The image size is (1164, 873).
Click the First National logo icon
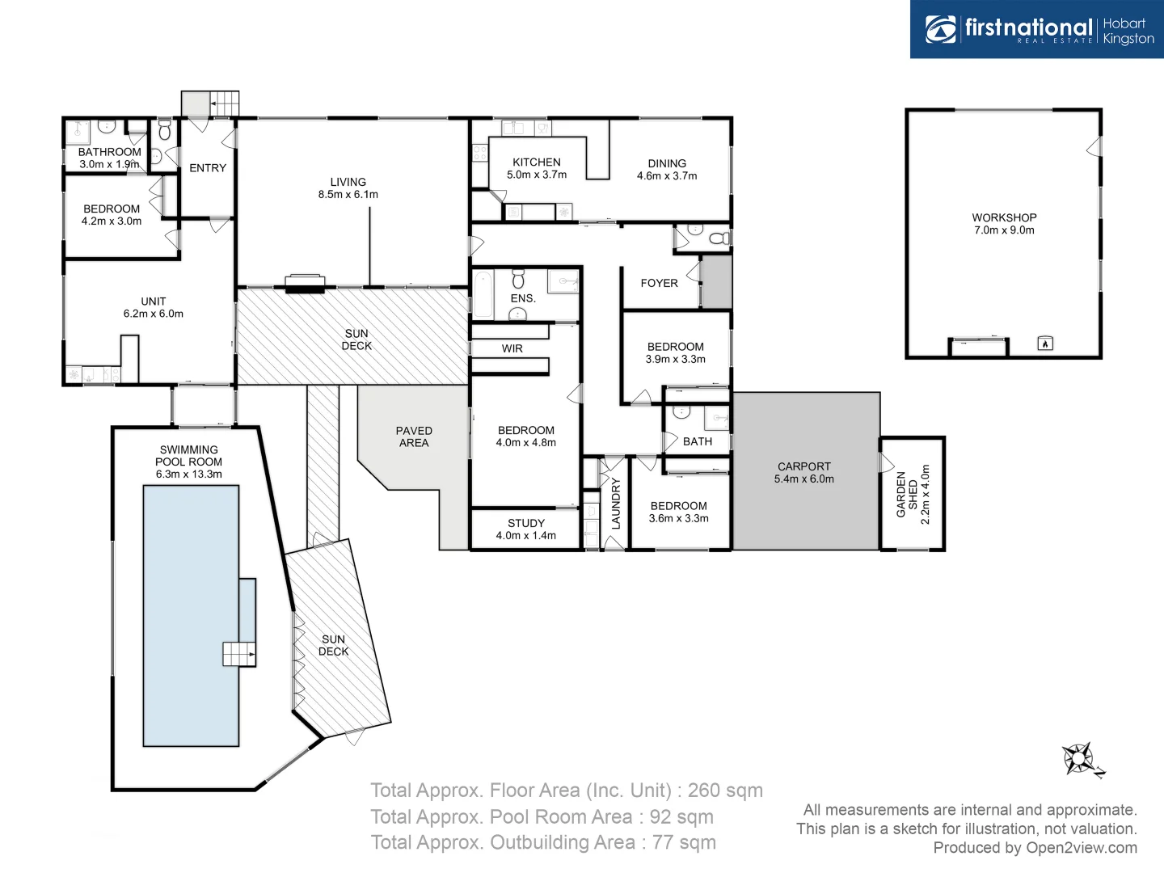941,29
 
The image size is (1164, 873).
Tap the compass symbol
1080,759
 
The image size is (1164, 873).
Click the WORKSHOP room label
1004,217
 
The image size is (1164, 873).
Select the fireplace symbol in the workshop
1044,344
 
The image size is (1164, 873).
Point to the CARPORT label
803,466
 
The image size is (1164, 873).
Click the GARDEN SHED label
907,494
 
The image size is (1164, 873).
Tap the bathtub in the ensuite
483,295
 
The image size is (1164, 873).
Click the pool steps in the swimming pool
238,653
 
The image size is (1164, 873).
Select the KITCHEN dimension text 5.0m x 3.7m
537,175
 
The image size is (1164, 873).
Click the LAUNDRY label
616,503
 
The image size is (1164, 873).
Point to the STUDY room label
526,523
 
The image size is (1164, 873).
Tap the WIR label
512,348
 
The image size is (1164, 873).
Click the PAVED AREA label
414,436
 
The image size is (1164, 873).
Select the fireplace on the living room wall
305,282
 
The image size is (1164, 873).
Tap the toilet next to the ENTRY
165,131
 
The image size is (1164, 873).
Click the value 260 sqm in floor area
725,791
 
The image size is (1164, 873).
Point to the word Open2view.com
1081,847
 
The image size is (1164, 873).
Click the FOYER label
659,283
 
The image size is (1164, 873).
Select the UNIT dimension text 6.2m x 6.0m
154,314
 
